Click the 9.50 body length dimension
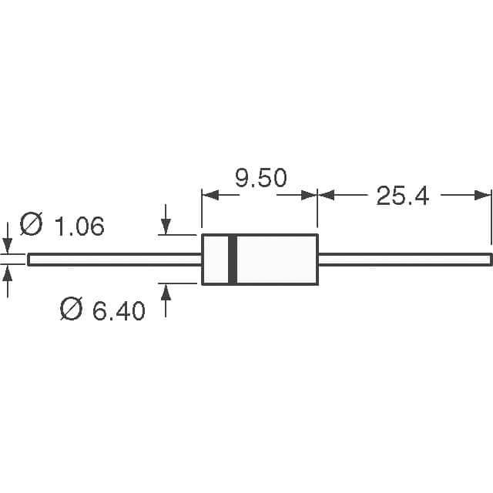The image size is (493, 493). click(x=261, y=178)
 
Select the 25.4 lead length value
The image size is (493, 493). click(x=402, y=196)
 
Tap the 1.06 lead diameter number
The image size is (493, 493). click(x=79, y=226)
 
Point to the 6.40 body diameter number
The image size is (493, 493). click(x=119, y=311)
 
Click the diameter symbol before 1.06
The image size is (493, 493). click(x=31, y=224)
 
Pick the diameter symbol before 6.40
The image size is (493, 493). click(x=72, y=308)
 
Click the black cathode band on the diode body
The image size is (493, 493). click(x=233, y=260)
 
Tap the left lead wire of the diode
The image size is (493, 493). click(x=115, y=260)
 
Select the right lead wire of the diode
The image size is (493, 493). click(x=405, y=260)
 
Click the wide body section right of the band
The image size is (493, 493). click(x=277, y=260)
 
